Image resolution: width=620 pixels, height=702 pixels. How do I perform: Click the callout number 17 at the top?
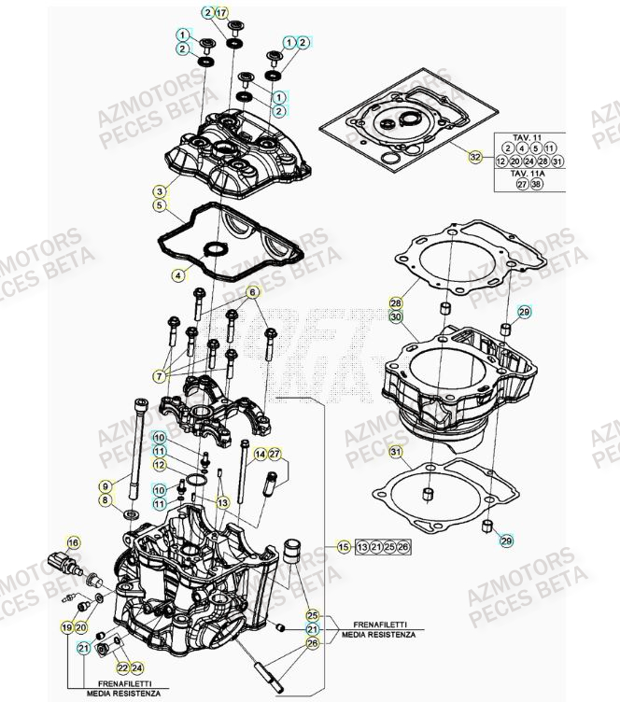[221, 12]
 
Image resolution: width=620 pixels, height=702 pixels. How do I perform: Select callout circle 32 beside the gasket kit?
[475, 157]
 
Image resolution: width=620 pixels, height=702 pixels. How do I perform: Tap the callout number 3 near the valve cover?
[160, 190]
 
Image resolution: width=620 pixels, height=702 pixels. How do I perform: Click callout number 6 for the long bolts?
[251, 293]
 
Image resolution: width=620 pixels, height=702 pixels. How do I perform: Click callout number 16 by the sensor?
[73, 541]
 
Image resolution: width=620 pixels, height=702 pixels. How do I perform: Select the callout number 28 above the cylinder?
[396, 303]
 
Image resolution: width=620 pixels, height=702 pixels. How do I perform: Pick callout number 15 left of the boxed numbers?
[344, 547]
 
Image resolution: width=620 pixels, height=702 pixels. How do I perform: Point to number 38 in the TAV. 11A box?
[536, 185]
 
